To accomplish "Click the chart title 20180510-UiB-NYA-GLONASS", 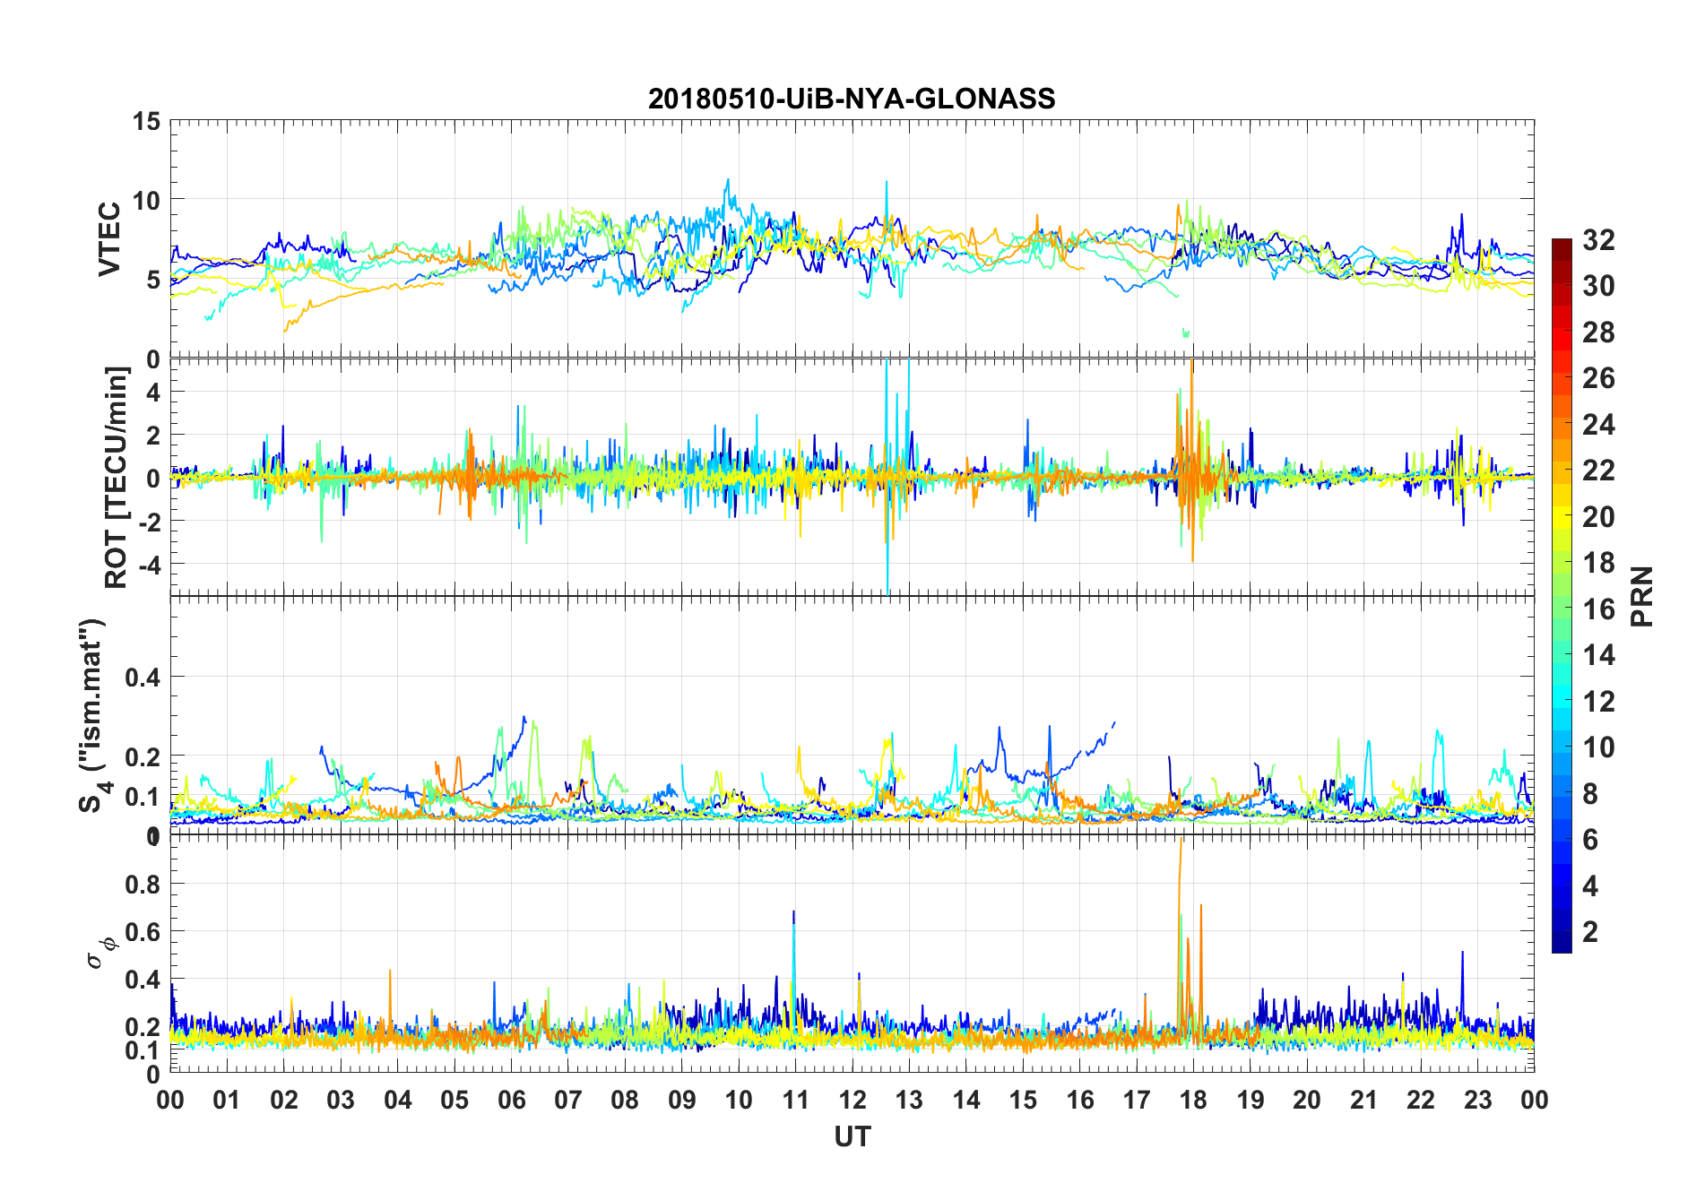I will pos(852,99).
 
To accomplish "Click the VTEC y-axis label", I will pos(109,239).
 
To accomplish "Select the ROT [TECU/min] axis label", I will pos(117,477).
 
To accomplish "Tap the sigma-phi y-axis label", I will pos(100,953).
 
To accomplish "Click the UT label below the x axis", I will pos(852,1136).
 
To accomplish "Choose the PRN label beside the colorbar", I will pos(1641,596).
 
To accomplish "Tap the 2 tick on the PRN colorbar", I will pos(1590,931).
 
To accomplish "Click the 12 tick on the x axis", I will pos(852,1100).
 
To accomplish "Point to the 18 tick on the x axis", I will pos(1193,1100).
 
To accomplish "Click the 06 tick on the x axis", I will pos(511,1100).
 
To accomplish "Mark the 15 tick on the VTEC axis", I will pos(146,121).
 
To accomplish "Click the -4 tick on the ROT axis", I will pos(146,565).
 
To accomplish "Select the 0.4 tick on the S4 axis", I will pos(143,677).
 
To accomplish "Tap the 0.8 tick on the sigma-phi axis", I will pos(143,884).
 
